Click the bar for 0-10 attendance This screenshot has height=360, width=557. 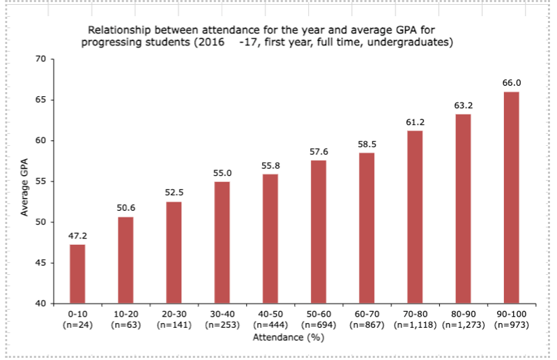click(77, 273)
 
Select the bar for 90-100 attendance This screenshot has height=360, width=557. click(511, 197)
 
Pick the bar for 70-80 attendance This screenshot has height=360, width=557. click(415, 217)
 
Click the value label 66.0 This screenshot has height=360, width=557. click(511, 82)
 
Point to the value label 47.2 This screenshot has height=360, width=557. click(77, 235)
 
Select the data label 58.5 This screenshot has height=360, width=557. click(367, 143)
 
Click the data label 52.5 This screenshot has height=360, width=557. click(174, 193)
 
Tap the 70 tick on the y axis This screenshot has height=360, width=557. click(40, 59)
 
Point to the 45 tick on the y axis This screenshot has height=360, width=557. click(40, 263)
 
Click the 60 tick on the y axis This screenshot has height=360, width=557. click(40, 141)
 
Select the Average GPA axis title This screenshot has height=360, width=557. click(24, 181)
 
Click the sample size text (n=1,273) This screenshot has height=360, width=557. click(463, 326)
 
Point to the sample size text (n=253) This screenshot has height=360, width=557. click(222, 326)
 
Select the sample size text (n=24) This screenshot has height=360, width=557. click(77, 326)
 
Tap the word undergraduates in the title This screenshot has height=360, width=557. click(411, 43)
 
